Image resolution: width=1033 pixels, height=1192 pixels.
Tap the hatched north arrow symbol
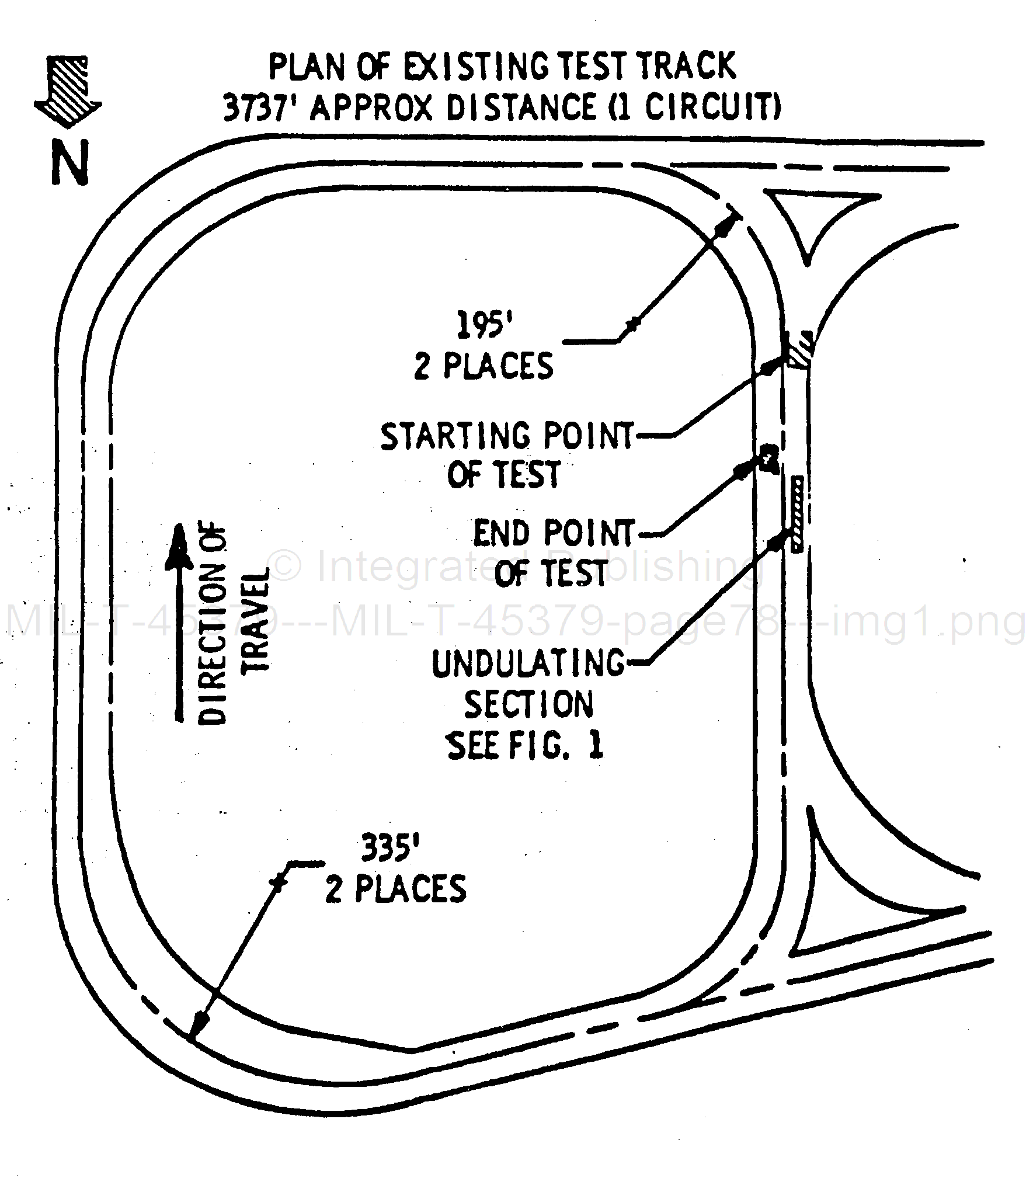coord(68,91)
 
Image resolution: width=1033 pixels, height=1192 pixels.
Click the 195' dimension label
coord(480,325)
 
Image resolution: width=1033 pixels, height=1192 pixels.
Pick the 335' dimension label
coord(391,848)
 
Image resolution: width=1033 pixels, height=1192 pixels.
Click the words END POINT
coord(552,533)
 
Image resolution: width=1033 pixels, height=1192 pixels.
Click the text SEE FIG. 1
coord(524,746)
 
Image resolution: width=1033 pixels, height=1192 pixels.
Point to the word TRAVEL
coord(255,619)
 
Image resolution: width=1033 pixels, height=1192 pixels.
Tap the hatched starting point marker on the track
coord(798,349)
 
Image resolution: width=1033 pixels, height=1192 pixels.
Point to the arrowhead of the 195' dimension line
coord(729,225)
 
